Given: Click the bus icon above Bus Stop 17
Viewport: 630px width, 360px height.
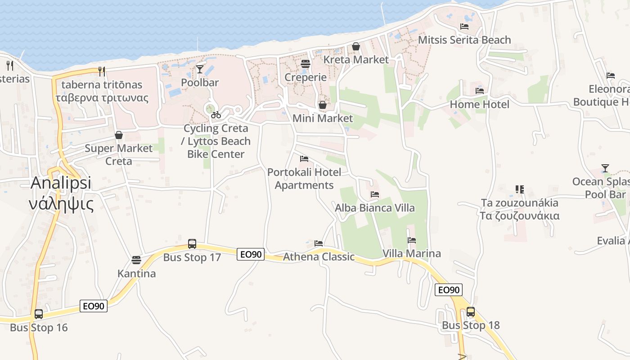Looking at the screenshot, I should [x=192, y=244].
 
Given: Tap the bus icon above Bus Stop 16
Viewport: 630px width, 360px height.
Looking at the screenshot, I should [x=39, y=314].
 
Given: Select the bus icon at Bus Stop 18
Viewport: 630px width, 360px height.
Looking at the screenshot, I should [x=470, y=311].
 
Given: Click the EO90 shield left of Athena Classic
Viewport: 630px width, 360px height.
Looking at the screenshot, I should [x=251, y=254].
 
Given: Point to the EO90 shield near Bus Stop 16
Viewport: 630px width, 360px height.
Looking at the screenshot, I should [x=94, y=306].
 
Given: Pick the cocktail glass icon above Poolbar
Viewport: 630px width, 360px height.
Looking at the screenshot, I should [x=200, y=69].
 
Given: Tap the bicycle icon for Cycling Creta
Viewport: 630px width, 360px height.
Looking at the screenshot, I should [x=216, y=115].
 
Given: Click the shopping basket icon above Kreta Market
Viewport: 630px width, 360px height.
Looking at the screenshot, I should [x=356, y=46].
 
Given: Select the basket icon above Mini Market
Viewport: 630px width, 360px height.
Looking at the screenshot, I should [x=323, y=105].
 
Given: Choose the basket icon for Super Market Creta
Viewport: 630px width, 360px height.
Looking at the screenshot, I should [x=119, y=135].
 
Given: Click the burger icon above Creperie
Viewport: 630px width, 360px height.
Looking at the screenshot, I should [x=306, y=64].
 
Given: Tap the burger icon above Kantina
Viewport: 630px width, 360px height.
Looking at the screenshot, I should [x=136, y=260].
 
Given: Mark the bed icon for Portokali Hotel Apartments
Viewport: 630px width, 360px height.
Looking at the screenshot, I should [x=304, y=159].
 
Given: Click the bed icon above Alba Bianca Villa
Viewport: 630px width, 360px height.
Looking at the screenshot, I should [x=374, y=195].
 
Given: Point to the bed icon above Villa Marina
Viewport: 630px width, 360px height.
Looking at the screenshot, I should [x=412, y=240].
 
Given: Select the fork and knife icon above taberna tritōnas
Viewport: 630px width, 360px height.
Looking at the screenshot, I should [x=102, y=71].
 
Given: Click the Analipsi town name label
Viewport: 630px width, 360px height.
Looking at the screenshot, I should [x=61, y=183].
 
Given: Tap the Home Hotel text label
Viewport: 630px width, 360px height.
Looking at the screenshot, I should [x=480, y=104].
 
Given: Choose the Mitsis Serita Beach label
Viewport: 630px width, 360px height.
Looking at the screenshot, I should [x=464, y=40].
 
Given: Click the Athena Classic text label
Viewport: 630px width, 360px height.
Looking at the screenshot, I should [x=319, y=257].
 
